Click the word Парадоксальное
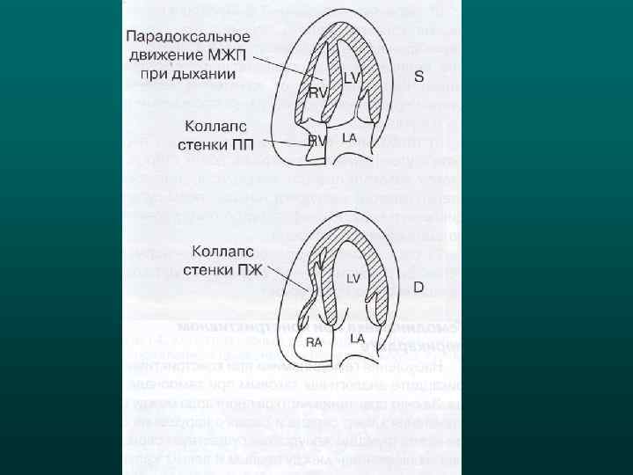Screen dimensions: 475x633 [188, 38]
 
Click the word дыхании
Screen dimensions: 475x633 [207, 74]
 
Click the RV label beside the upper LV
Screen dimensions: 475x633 [317, 92]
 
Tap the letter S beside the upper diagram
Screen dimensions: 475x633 [419, 77]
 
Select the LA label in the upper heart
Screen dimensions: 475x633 [349, 138]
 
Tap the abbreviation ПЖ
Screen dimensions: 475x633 [250, 269]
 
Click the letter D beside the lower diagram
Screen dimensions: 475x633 [418, 287]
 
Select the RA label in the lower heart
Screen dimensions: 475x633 [315, 343]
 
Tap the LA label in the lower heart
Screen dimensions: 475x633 [358, 338]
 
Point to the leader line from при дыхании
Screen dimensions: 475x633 [286, 69]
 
